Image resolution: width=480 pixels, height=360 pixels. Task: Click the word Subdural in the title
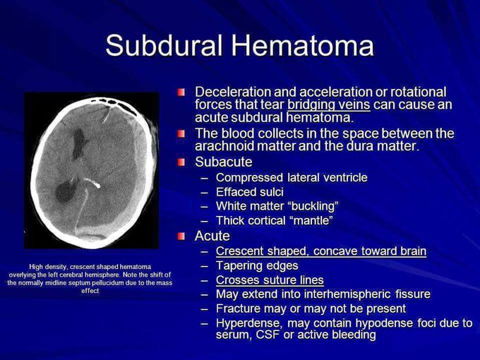pos(164,45)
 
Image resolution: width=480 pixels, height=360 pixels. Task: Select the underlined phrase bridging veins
pos(329,104)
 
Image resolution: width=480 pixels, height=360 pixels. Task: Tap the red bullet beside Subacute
pos(181,162)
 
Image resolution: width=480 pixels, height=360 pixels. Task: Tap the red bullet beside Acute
pos(181,236)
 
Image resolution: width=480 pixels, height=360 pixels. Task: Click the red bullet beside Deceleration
pos(181,92)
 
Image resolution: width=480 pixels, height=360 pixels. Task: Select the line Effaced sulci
pos(250,192)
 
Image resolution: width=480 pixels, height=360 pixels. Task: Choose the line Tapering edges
pos(257,265)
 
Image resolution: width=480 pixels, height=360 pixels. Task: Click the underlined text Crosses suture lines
pos(270,280)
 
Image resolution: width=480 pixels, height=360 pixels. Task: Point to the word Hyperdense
pos(247,323)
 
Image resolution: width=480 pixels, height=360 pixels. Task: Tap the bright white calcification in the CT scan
pos(93,183)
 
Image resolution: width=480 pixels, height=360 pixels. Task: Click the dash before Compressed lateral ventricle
pos(205,178)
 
